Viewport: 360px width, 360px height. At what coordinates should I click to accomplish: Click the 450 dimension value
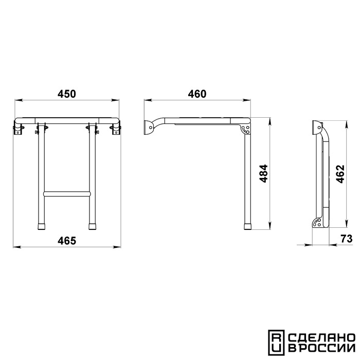click(66, 94)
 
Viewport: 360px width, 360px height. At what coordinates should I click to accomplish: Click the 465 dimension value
click(66, 240)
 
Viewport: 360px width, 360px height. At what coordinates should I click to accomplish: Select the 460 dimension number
click(197, 94)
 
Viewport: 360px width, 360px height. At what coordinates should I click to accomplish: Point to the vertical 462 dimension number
click(340, 174)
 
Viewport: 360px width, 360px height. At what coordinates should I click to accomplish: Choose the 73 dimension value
click(347, 239)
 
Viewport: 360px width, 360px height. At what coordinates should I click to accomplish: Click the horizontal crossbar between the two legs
click(67, 193)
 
